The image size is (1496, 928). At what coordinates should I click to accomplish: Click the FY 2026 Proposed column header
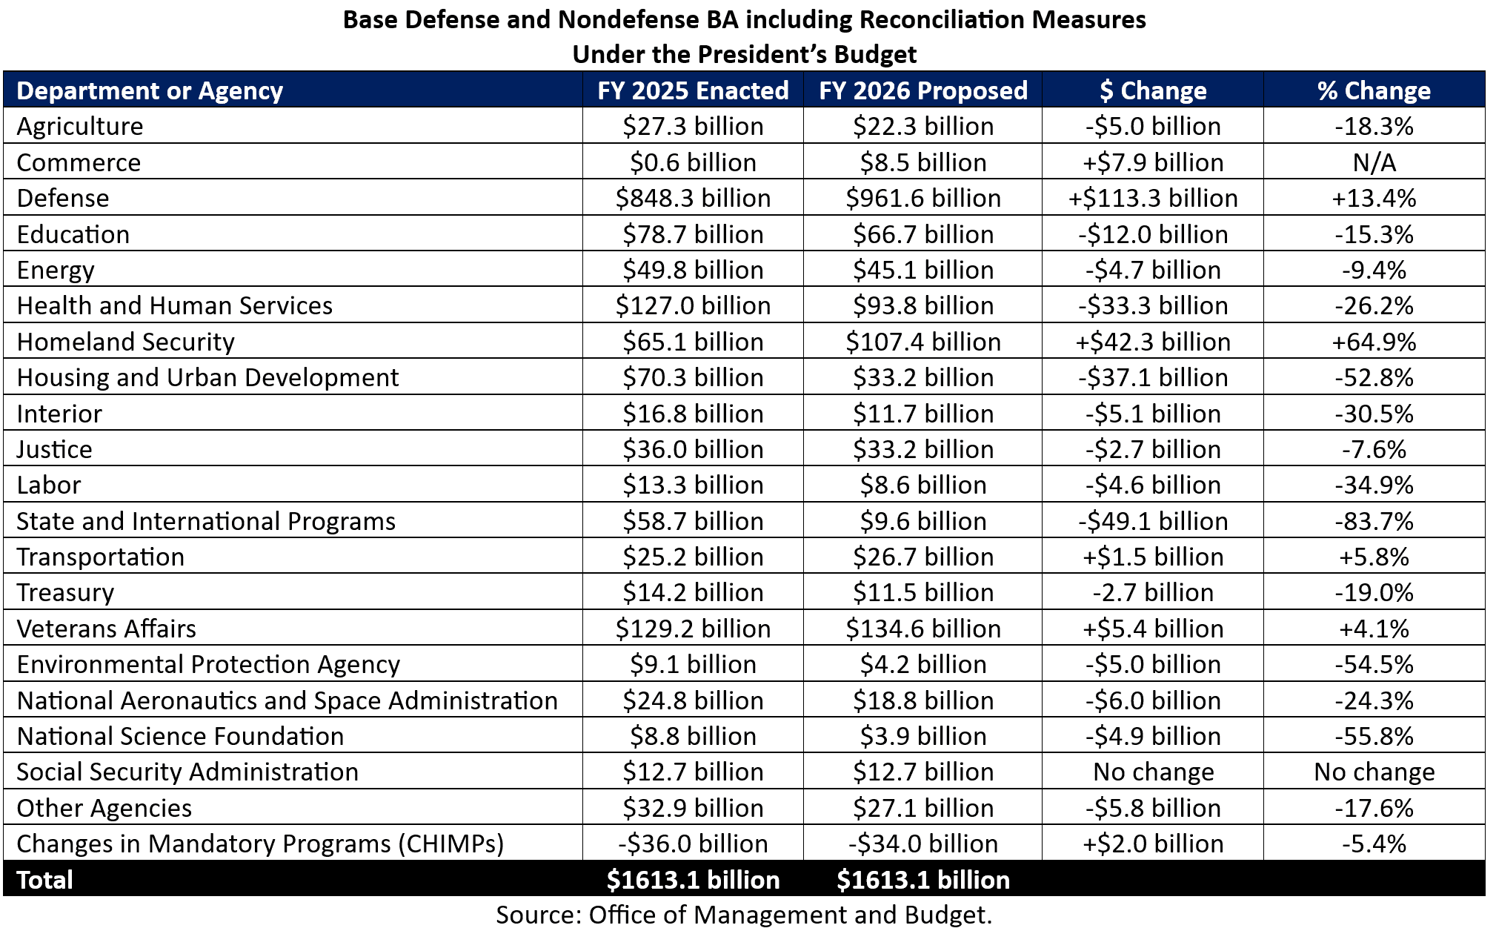pyautogui.click(x=922, y=90)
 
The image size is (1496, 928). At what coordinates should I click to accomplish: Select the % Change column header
pyautogui.click(x=1374, y=90)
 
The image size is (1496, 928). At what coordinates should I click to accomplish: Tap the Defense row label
pyautogui.click(x=63, y=198)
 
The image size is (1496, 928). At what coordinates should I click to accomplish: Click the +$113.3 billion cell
pyautogui.click(x=1153, y=198)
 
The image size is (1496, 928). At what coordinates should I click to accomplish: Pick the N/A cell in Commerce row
pyautogui.click(x=1374, y=162)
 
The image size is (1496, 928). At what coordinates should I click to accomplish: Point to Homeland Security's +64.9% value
pyautogui.click(x=1374, y=342)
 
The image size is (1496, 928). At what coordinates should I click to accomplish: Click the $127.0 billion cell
pyautogui.click(x=693, y=305)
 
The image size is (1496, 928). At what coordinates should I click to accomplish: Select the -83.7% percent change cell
pyautogui.click(x=1374, y=521)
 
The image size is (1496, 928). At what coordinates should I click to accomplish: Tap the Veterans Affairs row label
pyautogui.click(x=106, y=629)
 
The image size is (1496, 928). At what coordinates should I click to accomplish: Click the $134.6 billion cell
pyautogui.click(x=922, y=629)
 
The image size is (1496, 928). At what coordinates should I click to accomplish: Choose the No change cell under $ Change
pyautogui.click(x=1153, y=772)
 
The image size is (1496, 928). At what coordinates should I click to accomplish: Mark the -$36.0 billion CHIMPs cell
pyautogui.click(x=693, y=844)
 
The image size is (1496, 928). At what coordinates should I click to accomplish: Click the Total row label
pyautogui.click(x=44, y=880)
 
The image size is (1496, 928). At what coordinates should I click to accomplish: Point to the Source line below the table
pyautogui.click(x=743, y=915)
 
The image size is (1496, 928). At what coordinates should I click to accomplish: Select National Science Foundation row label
pyautogui.click(x=180, y=736)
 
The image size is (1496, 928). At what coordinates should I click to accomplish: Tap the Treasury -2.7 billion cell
pyautogui.click(x=1153, y=592)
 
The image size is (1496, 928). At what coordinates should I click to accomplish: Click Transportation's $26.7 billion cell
pyautogui.click(x=922, y=557)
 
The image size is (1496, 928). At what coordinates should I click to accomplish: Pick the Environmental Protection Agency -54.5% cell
pyautogui.click(x=1374, y=664)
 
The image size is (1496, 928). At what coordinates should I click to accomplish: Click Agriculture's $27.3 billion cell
pyautogui.click(x=693, y=126)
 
